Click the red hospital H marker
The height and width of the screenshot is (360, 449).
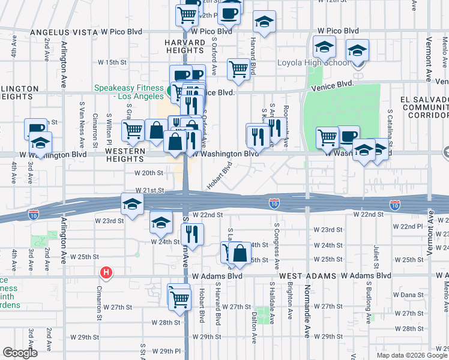point(106,273)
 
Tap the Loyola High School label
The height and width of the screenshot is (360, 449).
point(312,63)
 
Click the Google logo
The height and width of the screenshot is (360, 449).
point(20,353)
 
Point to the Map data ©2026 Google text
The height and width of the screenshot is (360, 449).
point(412,355)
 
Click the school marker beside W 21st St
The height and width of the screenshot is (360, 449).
point(132,204)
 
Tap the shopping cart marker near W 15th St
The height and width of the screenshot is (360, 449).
point(239,70)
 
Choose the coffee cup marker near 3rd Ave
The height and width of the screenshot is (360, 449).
point(36,129)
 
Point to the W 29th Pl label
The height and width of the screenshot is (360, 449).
point(166,351)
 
